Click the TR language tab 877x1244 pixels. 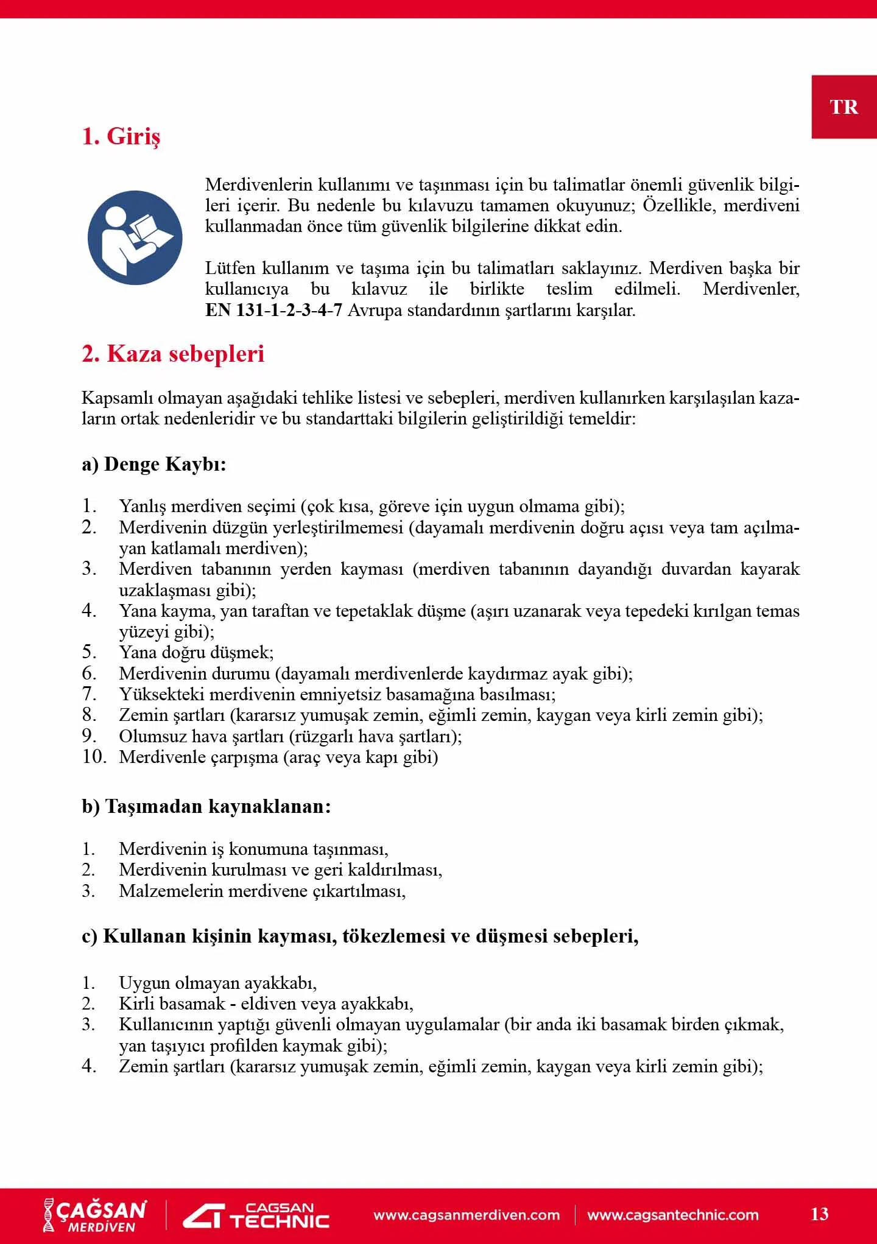click(844, 107)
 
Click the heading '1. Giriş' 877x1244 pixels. click(121, 136)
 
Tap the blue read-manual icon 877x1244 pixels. click(135, 237)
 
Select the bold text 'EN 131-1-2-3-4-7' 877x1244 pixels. click(273, 311)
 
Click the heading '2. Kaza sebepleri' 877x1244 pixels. click(173, 354)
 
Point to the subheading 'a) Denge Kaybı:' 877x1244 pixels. click(154, 464)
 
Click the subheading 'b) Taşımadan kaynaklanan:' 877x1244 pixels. click(206, 806)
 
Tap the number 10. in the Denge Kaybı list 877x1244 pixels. click(94, 757)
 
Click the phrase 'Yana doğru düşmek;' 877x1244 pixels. click(196, 653)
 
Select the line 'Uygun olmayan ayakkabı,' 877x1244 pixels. click(217, 983)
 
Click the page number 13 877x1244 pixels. click(819, 1214)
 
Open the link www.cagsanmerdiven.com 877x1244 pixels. click(467, 1215)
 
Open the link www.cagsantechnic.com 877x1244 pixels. click(673, 1215)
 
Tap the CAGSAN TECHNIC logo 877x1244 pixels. click(256, 1215)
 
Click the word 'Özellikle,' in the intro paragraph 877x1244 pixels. click(679, 205)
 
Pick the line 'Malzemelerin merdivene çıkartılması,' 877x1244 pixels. click(262, 891)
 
